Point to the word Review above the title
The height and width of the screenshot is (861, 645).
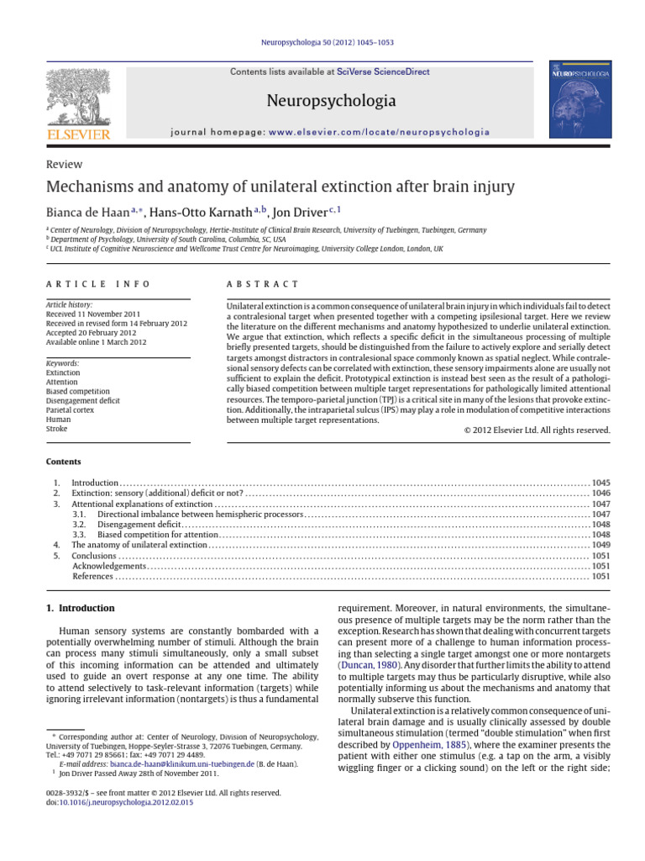click(64, 165)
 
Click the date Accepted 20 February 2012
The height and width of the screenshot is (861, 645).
click(94, 333)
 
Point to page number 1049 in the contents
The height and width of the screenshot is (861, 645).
click(600, 545)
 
